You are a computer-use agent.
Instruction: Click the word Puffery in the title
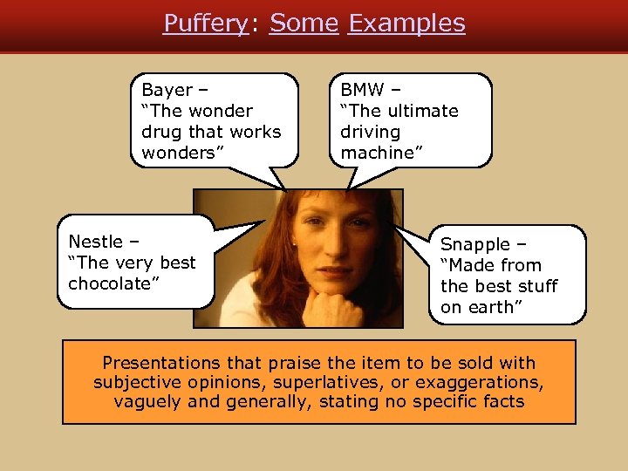[x=205, y=24]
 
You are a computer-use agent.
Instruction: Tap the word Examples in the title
[x=406, y=24]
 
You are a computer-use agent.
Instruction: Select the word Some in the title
[x=304, y=24]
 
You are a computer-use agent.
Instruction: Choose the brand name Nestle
[x=94, y=242]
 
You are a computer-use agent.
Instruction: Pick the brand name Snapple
[x=471, y=244]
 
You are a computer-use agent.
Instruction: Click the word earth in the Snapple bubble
[x=495, y=307]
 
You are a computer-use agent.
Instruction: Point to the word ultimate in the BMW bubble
[x=423, y=111]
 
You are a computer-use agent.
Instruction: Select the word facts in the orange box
[x=500, y=401]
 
